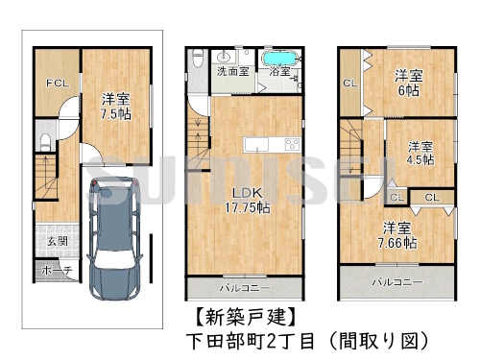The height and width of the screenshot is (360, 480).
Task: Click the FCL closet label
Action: coord(58,84)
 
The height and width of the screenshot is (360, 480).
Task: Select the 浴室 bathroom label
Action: coord(280,71)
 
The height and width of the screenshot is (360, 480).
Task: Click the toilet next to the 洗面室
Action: coord(198,57)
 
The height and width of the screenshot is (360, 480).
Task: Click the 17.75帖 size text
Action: coord(247,207)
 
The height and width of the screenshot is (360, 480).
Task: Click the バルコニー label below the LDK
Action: coord(245,287)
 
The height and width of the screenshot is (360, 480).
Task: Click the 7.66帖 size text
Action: coord(396,243)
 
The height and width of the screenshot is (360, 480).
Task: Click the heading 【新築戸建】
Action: coord(238,316)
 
